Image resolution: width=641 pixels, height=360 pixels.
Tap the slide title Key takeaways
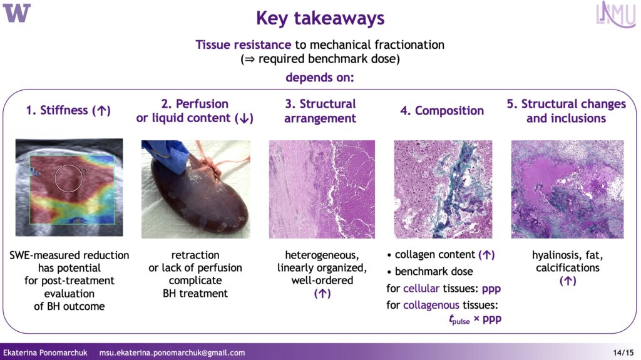coord(320,18)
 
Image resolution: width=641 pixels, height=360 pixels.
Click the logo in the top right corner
coord(616,14)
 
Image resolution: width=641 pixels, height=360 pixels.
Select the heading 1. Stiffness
coord(68,110)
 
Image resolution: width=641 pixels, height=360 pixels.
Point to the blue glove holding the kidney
coord(167,155)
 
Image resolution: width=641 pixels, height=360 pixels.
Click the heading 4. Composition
coord(442,110)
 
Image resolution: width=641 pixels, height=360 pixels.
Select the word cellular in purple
coord(421,289)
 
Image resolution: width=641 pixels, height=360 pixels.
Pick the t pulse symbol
coord(459,319)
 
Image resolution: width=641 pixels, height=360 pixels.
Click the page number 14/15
coord(623,352)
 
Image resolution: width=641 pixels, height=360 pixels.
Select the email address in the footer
coord(172,352)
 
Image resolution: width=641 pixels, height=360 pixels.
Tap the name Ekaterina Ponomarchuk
coord(45,352)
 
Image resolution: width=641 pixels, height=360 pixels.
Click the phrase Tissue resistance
coord(244,44)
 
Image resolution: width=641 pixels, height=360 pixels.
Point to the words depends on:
coord(320,77)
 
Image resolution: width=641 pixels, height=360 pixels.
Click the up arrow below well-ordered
coord(322,294)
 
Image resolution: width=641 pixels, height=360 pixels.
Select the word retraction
coord(195,255)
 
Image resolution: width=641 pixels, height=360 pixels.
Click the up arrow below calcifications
coord(567,281)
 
